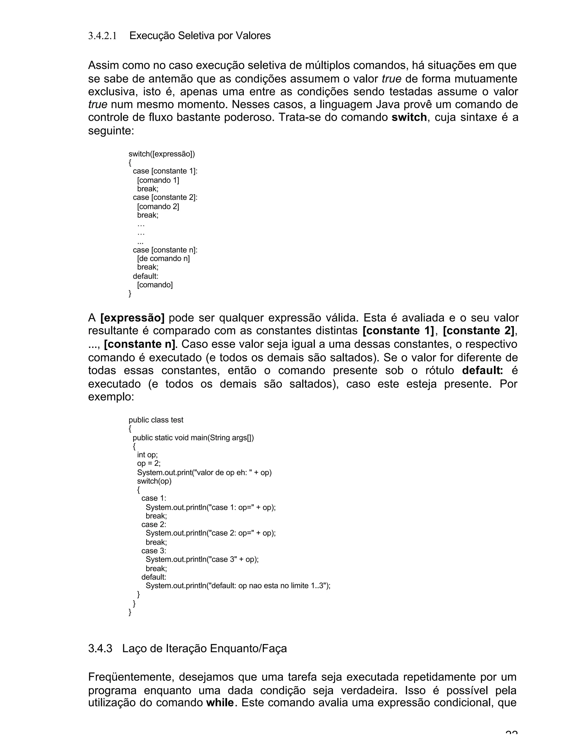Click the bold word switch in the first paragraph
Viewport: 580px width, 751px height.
[x=409, y=118]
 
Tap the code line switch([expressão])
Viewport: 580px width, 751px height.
[x=161, y=154]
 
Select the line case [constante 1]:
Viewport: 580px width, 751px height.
[x=165, y=171]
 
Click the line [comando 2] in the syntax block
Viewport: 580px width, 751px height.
[x=158, y=206]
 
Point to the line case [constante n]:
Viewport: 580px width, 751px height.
[x=165, y=250]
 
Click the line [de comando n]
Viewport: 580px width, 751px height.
[x=163, y=258]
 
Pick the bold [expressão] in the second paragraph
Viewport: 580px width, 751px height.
[x=132, y=318]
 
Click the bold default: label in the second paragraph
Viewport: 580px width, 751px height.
[x=482, y=371]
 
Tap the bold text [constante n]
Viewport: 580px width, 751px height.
[x=140, y=344]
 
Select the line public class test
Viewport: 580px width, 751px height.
[x=156, y=420]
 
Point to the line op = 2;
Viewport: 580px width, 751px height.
[x=148, y=463]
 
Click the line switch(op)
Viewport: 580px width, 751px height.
[x=154, y=481]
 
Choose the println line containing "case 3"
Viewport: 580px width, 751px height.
[x=202, y=559]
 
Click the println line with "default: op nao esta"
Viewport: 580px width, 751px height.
[x=238, y=585]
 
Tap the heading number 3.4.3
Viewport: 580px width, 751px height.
[x=100, y=648]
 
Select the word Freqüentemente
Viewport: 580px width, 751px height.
[x=131, y=677]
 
